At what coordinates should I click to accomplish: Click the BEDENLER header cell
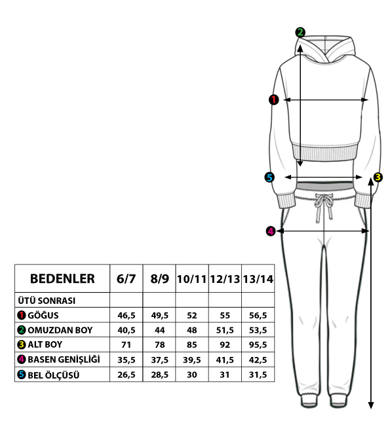tap(62, 278)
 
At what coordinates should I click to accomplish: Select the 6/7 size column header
tap(126, 279)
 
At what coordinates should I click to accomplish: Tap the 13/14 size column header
tap(258, 279)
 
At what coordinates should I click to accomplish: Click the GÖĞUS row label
tap(43, 315)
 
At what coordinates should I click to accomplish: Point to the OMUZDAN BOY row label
tap(60, 330)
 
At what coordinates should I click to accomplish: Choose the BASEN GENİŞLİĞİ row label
tap(64, 360)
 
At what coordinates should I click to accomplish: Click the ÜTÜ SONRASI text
tap(47, 301)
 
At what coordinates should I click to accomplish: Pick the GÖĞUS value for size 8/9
tap(159, 316)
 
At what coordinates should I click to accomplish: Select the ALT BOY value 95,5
tap(258, 345)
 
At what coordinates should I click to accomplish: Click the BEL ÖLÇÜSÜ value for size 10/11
tap(192, 375)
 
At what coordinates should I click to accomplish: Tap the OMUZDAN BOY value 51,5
tap(225, 330)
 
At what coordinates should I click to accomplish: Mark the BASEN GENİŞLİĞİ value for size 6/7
tap(127, 360)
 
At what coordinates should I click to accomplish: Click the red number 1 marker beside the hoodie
tap(273, 100)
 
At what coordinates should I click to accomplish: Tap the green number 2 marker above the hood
tap(300, 32)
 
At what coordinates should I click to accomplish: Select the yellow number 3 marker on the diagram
tap(378, 177)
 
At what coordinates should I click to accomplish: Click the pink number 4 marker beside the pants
tap(271, 231)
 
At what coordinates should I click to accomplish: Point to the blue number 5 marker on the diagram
tap(269, 177)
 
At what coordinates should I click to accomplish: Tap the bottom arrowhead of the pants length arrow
tap(371, 405)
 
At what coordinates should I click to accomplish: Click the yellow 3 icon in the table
tap(21, 344)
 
